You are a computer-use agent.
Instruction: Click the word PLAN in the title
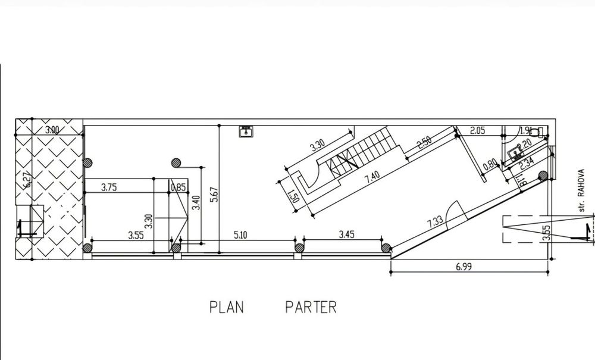pyautogui.click(x=227, y=307)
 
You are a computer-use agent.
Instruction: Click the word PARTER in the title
pyautogui.click(x=311, y=307)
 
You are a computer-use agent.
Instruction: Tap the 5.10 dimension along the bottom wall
pyautogui.click(x=240, y=235)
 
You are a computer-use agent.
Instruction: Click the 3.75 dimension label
pyautogui.click(x=108, y=187)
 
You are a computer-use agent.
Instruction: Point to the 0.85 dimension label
pyautogui.click(x=178, y=187)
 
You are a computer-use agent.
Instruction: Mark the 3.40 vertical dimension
pyautogui.click(x=196, y=208)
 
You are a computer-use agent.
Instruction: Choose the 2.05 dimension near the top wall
pyautogui.click(x=477, y=130)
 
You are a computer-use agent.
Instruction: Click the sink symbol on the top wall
pyautogui.click(x=245, y=131)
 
